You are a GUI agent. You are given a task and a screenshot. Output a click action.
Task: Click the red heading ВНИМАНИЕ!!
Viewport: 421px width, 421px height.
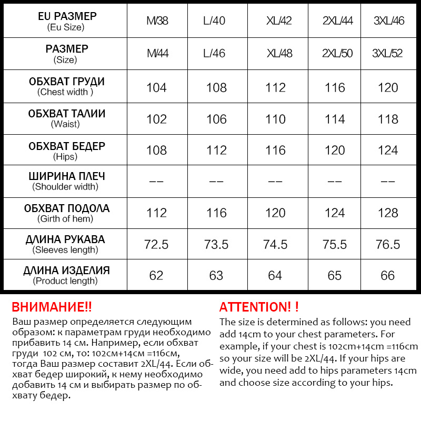[52, 307]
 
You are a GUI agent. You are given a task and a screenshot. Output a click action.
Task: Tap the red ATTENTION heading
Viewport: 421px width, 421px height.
[259, 307]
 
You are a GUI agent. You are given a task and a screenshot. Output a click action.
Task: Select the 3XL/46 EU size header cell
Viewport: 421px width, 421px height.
[388, 21]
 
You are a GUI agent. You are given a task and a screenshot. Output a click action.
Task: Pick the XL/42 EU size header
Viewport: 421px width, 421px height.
[279, 21]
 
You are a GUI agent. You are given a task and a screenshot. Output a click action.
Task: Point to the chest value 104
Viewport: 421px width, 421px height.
[156, 87]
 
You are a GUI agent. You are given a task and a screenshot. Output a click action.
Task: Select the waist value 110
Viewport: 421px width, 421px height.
[275, 119]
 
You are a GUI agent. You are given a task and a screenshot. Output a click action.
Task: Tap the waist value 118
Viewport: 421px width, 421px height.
[388, 119]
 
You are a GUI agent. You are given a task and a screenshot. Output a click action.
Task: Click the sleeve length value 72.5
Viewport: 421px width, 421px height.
[156, 245]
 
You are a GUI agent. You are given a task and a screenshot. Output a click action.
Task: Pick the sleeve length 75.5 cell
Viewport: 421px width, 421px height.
[335, 245]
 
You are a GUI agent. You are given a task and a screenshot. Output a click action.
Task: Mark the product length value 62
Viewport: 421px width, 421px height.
[156, 276]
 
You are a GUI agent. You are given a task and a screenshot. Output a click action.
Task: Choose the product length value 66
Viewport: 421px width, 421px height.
[388, 276]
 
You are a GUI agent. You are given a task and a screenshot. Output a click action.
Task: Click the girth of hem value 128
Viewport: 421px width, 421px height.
[388, 213]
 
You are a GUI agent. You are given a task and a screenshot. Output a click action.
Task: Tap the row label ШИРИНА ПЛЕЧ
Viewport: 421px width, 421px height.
[66, 176]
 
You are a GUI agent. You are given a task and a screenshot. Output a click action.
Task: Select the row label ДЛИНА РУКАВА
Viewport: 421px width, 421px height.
[65, 239]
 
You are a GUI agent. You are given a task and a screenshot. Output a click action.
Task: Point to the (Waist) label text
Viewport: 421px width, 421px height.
[65, 124]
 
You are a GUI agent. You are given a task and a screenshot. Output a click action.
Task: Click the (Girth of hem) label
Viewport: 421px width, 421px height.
[65, 218]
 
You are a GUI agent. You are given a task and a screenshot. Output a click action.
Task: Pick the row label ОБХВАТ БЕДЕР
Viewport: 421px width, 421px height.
[66, 146]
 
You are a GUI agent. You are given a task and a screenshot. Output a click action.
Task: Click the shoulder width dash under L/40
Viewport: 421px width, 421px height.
[216, 182]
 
